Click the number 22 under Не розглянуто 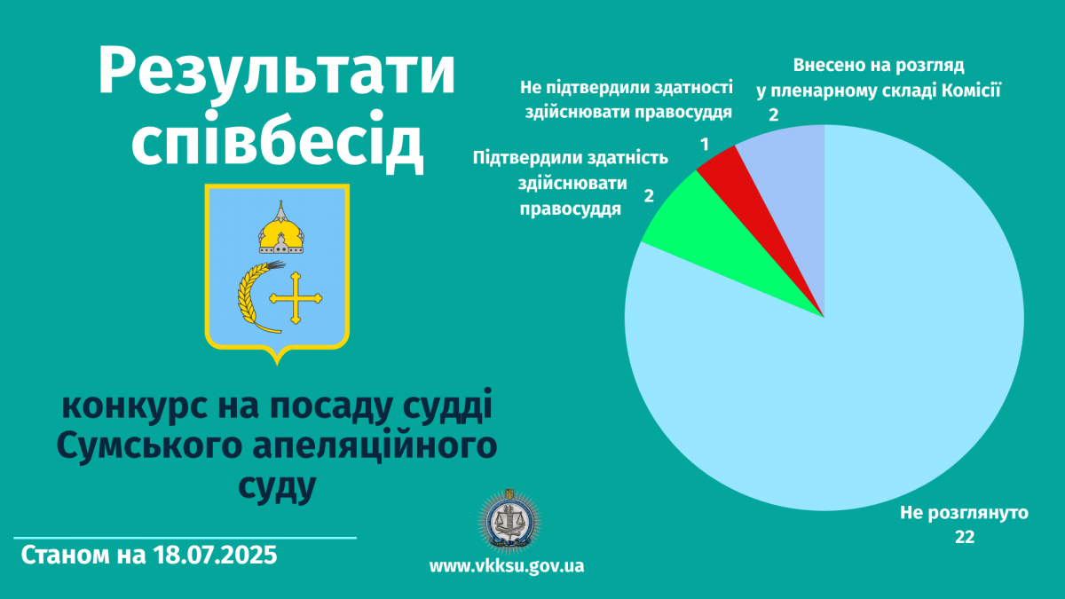965,537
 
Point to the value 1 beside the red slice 705,145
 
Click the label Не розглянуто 964,513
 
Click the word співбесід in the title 277,142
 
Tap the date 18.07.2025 215,556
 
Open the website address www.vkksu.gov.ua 507,566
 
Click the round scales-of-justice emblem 509,521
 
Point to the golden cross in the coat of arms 296,298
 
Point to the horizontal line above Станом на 185,538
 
